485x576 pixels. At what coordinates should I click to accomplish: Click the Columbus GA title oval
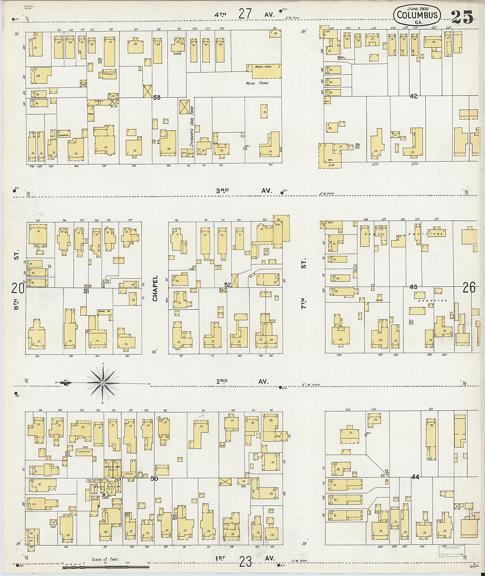417,15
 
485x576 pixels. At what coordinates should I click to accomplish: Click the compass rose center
103,383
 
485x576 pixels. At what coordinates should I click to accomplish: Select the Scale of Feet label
105,559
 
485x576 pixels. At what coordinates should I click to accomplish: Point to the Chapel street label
155,288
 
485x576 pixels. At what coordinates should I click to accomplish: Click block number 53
157,97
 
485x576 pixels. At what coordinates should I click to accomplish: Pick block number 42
413,96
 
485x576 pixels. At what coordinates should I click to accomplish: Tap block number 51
86,291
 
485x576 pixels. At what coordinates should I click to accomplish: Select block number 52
227,285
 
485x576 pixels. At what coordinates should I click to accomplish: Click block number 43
413,287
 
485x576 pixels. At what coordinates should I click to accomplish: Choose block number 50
154,479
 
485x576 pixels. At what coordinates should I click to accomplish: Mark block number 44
415,477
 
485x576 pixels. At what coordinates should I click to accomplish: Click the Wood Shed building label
263,67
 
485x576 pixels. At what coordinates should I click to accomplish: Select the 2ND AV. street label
242,382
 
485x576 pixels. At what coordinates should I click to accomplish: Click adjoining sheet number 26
469,288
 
